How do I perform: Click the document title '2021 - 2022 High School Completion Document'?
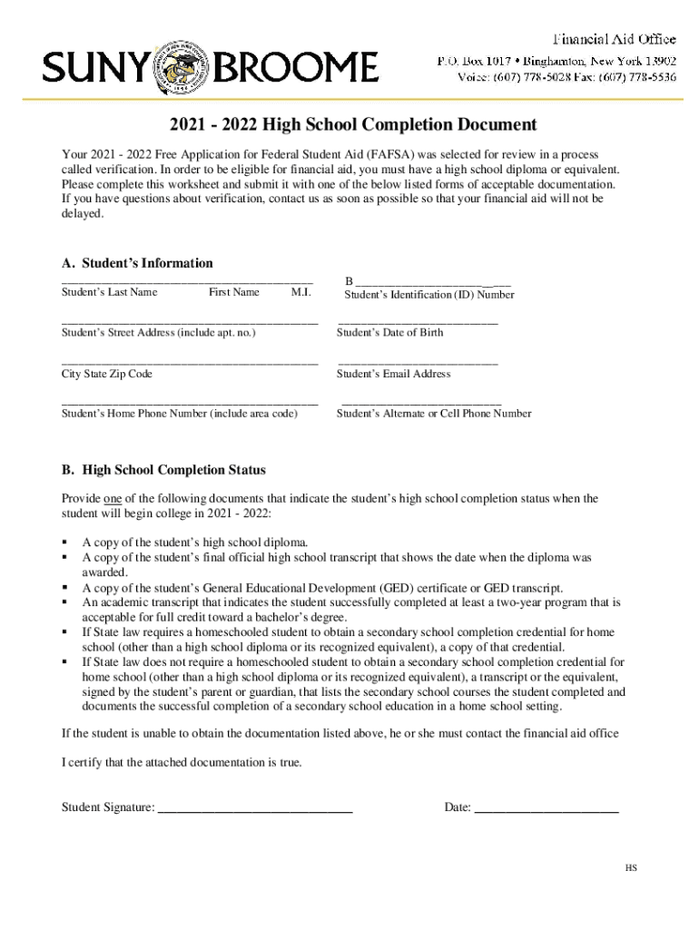click(x=349, y=124)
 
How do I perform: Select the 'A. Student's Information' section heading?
click(x=137, y=263)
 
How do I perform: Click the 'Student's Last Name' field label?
click(x=109, y=292)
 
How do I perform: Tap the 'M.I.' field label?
click(x=300, y=292)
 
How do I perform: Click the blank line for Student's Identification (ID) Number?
click(x=431, y=282)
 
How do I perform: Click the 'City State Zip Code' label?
click(x=106, y=374)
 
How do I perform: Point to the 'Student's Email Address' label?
click(x=393, y=374)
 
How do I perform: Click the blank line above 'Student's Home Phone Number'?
click(x=189, y=402)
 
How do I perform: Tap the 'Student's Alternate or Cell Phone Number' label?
click(x=434, y=414)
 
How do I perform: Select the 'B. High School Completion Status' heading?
click(x=163, y=470)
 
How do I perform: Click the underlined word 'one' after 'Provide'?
click(x=113, y=499)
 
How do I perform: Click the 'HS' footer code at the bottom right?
click(x=630, y=868)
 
